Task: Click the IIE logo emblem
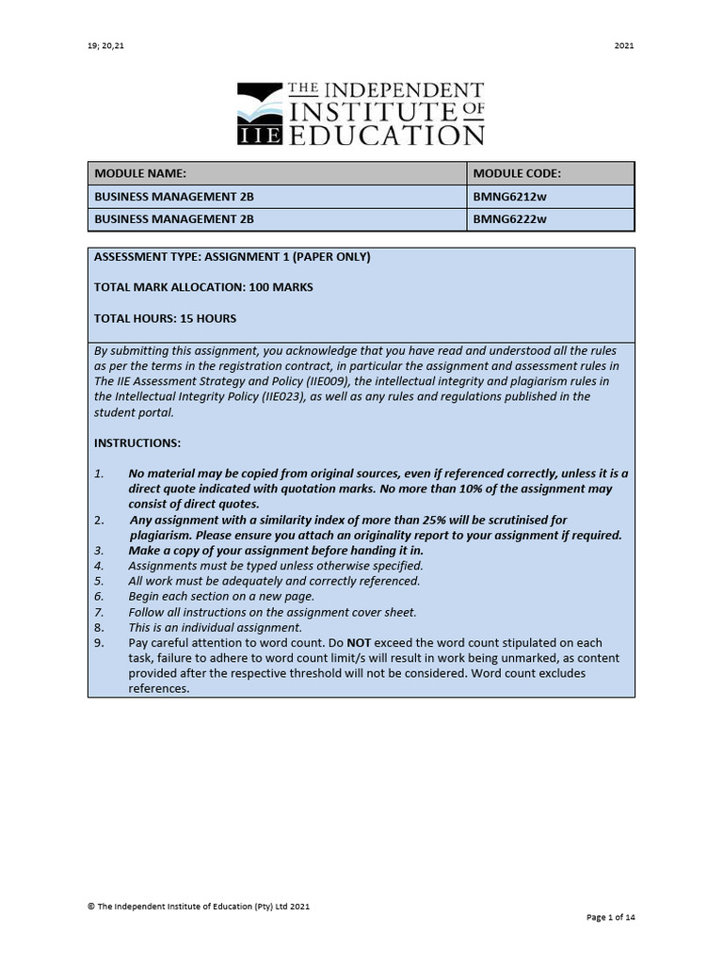[x=260, y=114]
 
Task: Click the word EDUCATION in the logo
[x=386, y=134]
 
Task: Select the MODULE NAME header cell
[x=140, y=174]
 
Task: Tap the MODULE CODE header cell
[x=517, y=174]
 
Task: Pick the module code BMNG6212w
[x=510, y=198]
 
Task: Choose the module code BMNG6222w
[x=510, y=220]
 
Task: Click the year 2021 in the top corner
[x=624, y=45]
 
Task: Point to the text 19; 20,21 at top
[x=105, y=45]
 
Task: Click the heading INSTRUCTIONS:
[x=137, y=442]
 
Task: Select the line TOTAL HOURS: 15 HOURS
[x=165, y=318]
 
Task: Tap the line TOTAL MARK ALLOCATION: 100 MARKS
[x=203, y=287]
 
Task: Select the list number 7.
[x=98, y=612]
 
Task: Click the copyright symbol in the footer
[x=90, y=907]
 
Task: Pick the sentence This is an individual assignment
[x=216, y=627]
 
